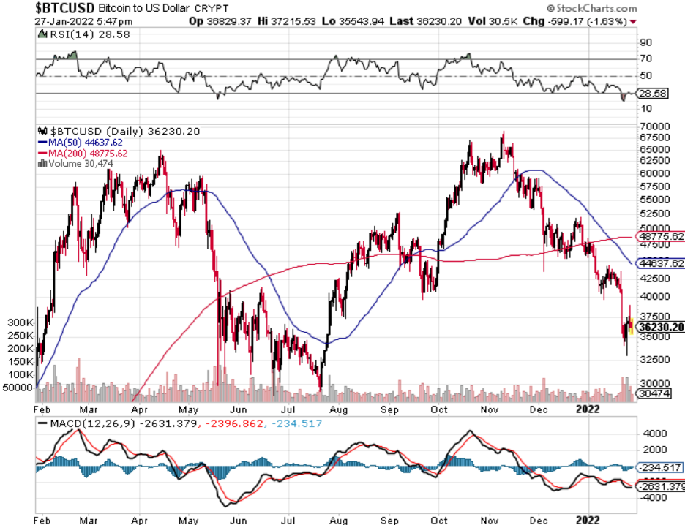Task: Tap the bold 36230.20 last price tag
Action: click(x=660, y=327)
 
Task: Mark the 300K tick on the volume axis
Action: click(x=18, y=322)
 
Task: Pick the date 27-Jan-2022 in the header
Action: click(x=61, y=21)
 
